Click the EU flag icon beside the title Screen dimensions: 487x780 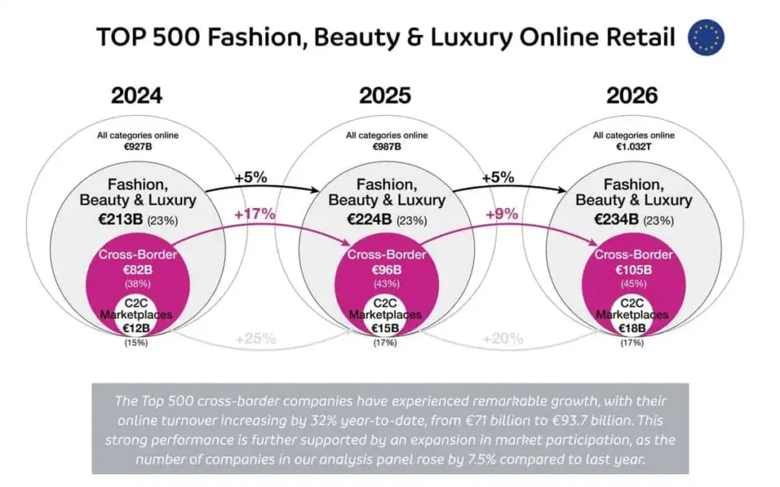tap(706, 37)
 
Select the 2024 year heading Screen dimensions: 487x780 tap(136, 96)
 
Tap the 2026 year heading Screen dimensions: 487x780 tap(631, 96)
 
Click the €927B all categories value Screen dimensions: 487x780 tap(138, 146)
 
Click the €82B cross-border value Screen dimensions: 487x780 tap(138, 269)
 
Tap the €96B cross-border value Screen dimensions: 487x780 tap(387, 269)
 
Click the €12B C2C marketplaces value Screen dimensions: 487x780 tap(138, 328)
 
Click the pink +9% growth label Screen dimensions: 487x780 tap(502, 215)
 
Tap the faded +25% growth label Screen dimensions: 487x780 tap(256, 338)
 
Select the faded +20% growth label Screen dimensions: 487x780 tap(503, 338)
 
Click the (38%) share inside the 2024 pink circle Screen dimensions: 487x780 tap(138, 283)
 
